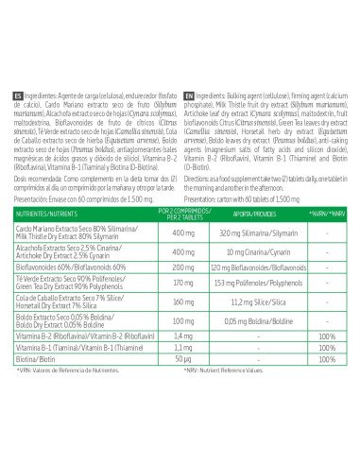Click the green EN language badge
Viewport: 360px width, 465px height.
click(x=189, y=96)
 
